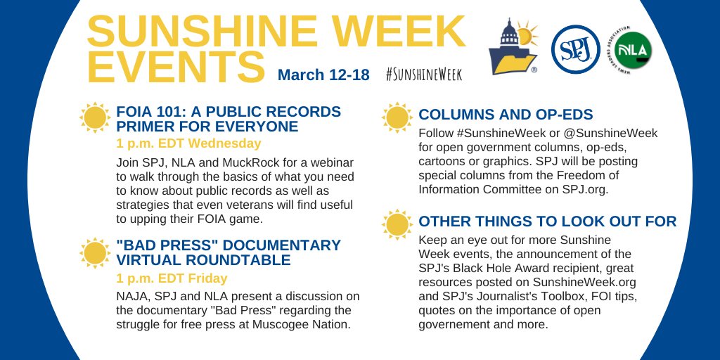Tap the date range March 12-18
point(323,75)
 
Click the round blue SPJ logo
point(575,49)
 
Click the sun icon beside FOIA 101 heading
point(95,118)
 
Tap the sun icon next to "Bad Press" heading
point(95,254)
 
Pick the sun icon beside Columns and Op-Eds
point(397,117)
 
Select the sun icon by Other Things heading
point(397,224)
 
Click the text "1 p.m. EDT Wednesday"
point(188,143)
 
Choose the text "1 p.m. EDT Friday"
point(172,278)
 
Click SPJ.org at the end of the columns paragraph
point(583,189)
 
